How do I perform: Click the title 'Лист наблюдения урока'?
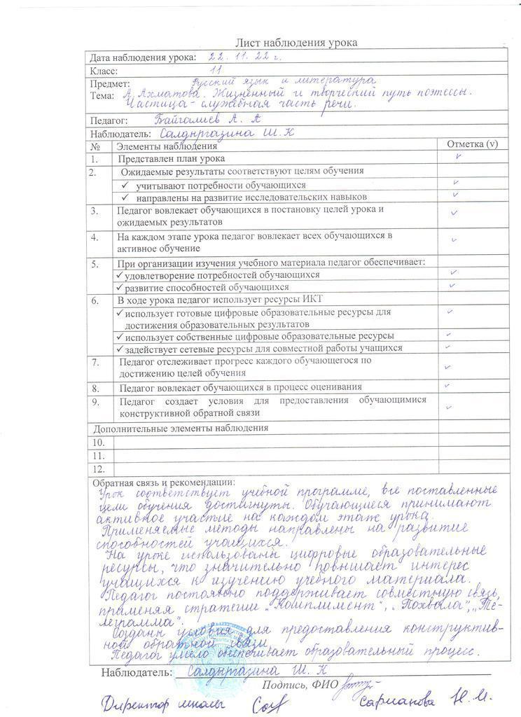point(296,43)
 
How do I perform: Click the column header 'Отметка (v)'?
point(472,144)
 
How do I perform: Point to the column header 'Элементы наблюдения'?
point(166,146)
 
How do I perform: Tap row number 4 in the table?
point(95,237)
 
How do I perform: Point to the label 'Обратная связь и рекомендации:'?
point(164,482)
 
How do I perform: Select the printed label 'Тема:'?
point(102,95)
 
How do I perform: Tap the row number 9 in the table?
point(95,402)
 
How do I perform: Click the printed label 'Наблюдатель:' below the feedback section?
point(136,672)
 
